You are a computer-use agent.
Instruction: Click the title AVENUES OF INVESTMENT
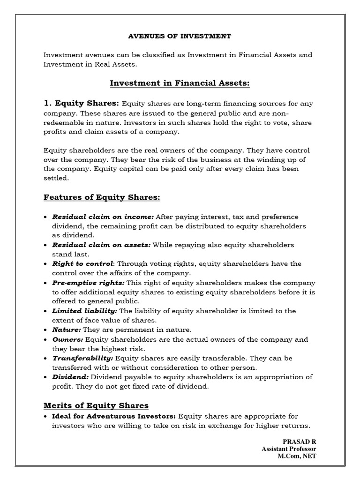(180, 36)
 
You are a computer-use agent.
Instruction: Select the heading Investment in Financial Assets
(180, 83)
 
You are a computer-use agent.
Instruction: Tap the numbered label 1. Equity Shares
(82, 103)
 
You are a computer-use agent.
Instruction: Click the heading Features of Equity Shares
(102, 197)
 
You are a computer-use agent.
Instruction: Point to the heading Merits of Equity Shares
(96, 405)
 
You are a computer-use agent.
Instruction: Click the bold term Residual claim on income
(103, 217)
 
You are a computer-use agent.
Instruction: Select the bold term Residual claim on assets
(101, 245)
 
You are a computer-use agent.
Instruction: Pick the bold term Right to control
(82, 263)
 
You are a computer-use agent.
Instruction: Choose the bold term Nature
(66, 330)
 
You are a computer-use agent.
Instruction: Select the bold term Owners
(67, 339)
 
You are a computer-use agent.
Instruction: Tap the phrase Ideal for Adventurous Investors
(114, 416)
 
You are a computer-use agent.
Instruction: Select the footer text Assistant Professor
(289, 449)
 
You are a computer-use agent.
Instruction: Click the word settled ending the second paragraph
(56, 178)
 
